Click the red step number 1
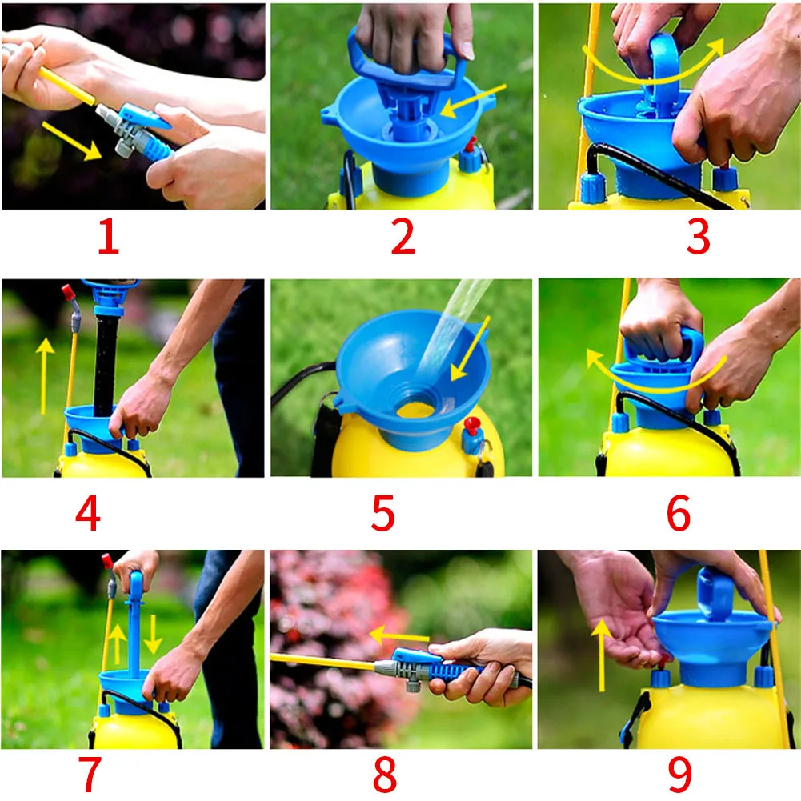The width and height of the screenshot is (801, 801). coord(109,237)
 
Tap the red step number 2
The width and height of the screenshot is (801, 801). coord(403,237)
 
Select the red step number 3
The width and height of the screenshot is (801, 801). coord(699,237)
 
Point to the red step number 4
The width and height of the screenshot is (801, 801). coord(88,513)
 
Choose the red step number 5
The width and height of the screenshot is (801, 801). coord(383,513)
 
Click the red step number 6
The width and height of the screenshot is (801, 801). coord(679,513)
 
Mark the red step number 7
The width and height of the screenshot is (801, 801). coord(90,774)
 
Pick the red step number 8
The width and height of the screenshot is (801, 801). coord(385,774)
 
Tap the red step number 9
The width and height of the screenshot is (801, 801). coord(680,774)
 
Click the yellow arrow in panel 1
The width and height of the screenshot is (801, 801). coord(71,141)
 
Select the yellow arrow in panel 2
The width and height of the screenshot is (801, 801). coord(472,101)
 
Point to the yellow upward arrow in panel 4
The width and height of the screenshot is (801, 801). coord(45,375)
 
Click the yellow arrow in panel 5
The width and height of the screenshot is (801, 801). coord(470,348)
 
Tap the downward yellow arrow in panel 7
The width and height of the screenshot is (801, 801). coord(153,635)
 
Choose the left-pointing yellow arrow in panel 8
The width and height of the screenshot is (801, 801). coord(399,636)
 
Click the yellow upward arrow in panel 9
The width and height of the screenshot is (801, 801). coord(602,655)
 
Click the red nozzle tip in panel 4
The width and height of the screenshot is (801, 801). coord(68,292)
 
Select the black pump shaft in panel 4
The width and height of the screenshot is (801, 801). coord(106,365)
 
